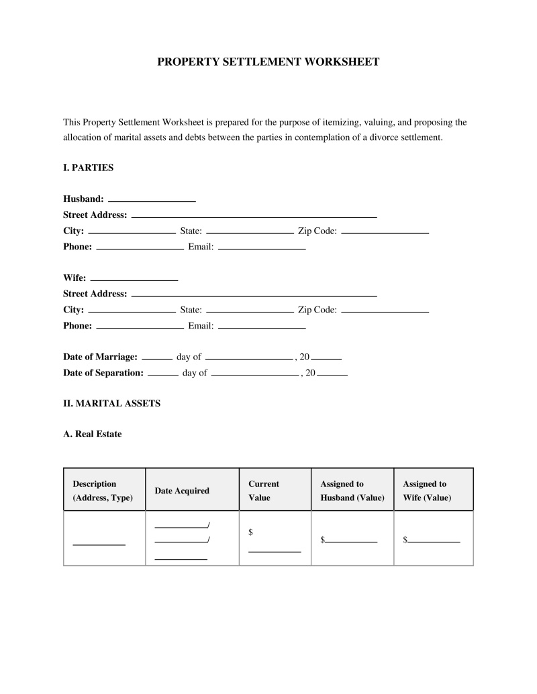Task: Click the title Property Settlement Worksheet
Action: [268, 62]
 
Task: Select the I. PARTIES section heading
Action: [88, 168]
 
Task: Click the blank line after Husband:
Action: [152, 200]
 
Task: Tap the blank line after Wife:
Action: [134, 278]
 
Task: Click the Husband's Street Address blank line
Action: [254, 216]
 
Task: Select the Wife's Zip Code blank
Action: [385, 310]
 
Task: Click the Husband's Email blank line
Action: [262, 248]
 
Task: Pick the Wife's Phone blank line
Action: [140, 327]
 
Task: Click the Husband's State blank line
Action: [250, 232]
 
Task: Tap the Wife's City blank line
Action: [132, 310]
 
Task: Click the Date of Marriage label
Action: [100, 357]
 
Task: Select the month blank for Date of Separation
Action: [254, 374]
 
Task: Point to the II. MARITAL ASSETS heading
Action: [111, 404]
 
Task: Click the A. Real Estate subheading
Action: [93, 434]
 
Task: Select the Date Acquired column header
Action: [182, 491]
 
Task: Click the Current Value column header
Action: [264, 491]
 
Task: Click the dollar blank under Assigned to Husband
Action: [351, 540]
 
